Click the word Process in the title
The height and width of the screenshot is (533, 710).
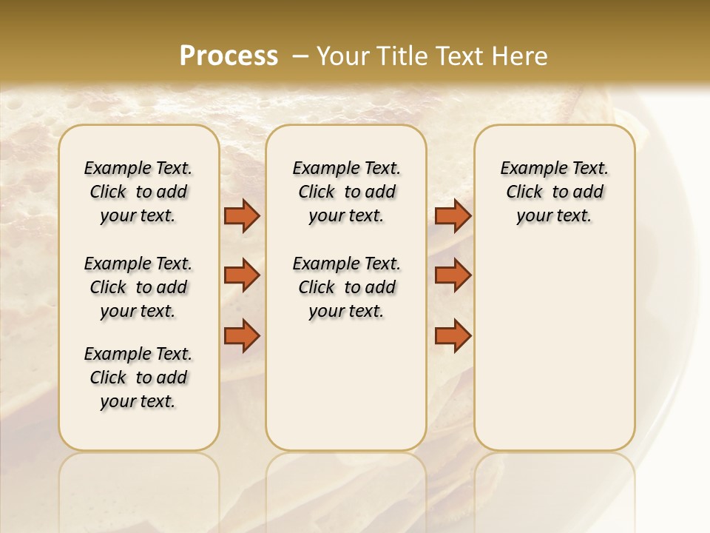click(229, 56)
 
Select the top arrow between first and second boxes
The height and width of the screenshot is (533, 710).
click(242, 215)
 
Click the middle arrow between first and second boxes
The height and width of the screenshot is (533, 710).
click(242, 275)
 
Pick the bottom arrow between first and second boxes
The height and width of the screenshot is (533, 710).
click(242, 335)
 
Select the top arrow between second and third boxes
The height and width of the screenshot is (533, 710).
click(453, 215)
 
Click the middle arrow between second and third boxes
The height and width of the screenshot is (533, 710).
click(453, 275)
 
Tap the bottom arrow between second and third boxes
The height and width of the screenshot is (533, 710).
click(453, 335)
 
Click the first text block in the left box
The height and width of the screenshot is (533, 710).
click(138, 192)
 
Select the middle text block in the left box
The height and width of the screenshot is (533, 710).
click(138, 287)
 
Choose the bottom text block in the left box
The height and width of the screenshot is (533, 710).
click(138, 378)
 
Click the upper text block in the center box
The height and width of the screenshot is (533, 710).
click(346, 192)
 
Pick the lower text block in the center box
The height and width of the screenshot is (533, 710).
click(346, 287)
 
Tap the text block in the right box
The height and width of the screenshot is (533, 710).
click(554, 192)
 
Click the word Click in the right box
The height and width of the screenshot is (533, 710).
click(524, 192)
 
